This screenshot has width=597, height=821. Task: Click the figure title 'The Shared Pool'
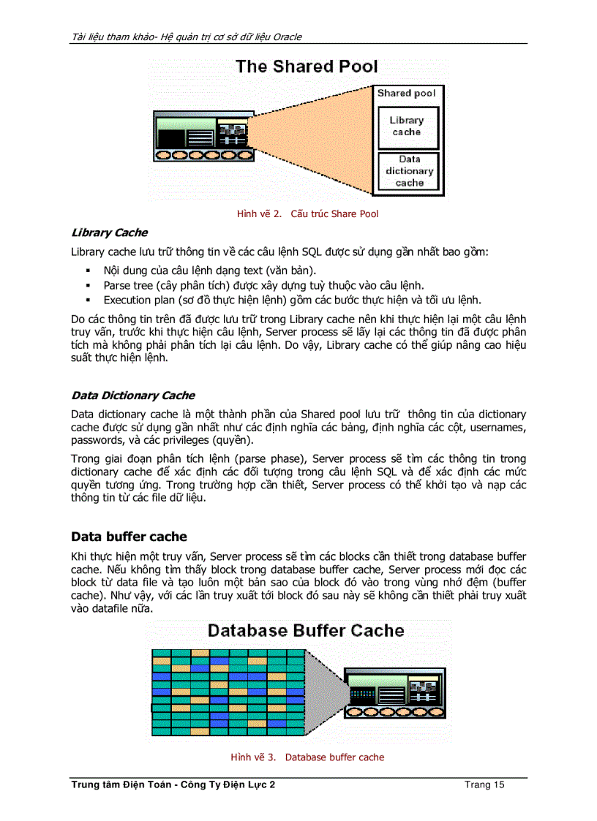click(307, 67)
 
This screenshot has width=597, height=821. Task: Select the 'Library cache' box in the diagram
click(406, 126)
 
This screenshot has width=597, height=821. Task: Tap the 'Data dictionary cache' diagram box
click(409, 171)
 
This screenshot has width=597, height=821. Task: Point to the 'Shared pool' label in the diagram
click(406, 94)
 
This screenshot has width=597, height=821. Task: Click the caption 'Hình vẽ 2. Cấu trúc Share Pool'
click(307, 213)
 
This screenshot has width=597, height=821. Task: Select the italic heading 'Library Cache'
click(109, 232)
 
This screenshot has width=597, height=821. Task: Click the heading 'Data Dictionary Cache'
click(132, 396)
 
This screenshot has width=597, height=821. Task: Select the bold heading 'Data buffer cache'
click(128, 537)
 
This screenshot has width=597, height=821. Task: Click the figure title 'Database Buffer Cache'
click(306, 630)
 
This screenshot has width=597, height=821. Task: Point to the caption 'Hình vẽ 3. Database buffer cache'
click(307, 757)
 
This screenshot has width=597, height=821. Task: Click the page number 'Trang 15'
click(484, 785)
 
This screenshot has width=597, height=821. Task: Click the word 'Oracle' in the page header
click(286, 37)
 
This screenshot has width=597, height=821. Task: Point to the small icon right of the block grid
click(394, 695)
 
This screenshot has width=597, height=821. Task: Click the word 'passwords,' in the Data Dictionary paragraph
click(97, 441)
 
